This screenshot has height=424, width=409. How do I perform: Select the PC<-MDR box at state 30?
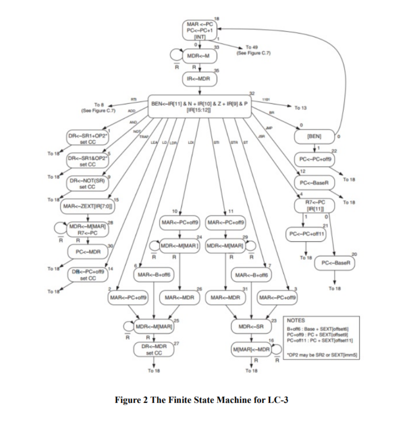click(x=87, y=251)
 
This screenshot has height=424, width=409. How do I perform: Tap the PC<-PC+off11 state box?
click(x=306, y=233)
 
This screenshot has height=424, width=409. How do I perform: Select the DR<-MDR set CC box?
click(x=154, y=349)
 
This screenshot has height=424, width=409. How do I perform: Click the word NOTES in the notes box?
click(x=296, y=321)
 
